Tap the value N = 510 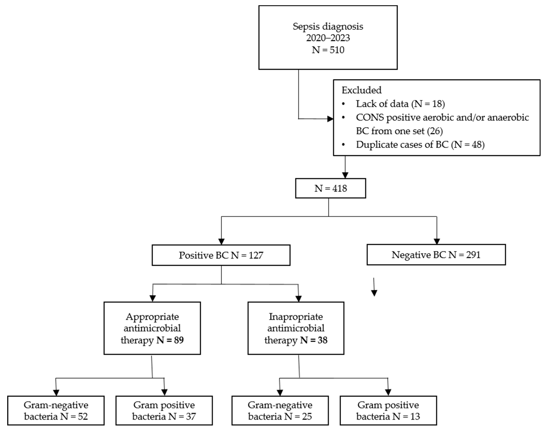click(328, 50)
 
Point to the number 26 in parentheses click(435, 131)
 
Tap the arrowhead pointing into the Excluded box click(330, 119)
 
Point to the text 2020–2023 click(328, 38)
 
